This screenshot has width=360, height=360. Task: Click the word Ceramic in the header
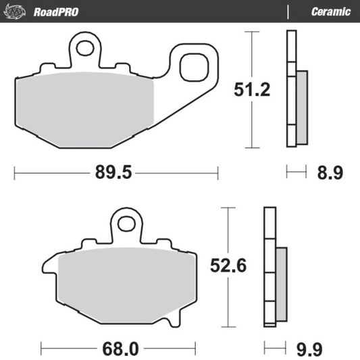(x=330, y=11)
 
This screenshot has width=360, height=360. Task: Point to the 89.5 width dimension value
(x=111, y=173)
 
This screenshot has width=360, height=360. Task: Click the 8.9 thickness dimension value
(x=330, y=173)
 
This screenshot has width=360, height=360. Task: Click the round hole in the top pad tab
(x=86, y=48)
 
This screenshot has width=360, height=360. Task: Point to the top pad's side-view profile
(x=292, y=88)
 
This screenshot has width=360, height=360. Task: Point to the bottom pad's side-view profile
(x=270, y=267)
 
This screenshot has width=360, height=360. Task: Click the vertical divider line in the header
(x=288, y=11)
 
